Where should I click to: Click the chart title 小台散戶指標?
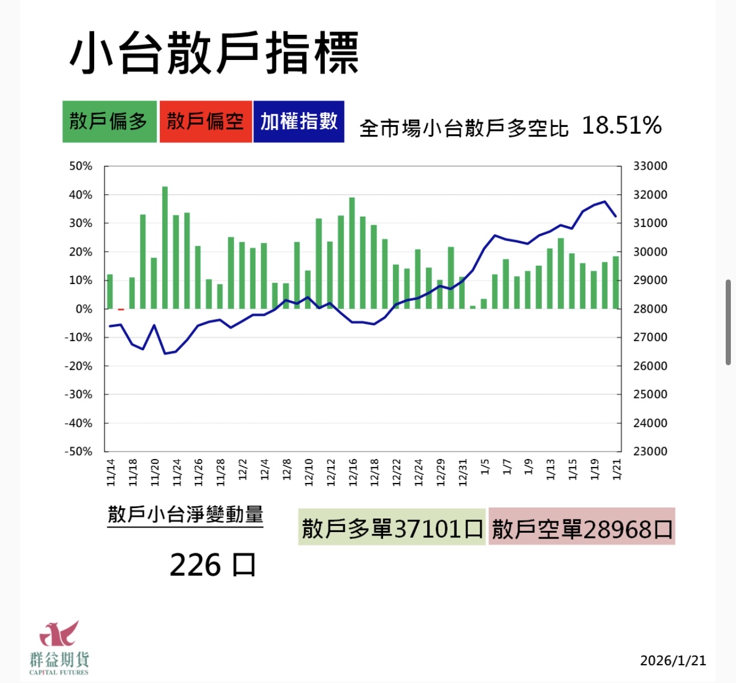click(x=214, y=53)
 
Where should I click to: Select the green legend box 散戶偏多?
click(x=109, y=122)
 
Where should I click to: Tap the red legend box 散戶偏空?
click(x=206, y=122)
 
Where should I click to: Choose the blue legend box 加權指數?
click(x=299, y=122)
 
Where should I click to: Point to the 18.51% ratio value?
click(x=621, y=126)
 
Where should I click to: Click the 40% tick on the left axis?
click(x=81, y=195)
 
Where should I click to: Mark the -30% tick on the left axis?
click(x=78, y=394)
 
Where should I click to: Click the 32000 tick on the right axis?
click(x=650, y=195)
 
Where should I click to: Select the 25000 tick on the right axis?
click(x=650, y=394)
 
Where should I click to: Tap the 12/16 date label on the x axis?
click(x=352, y=472)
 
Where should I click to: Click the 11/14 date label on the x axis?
click(x=111, y=472)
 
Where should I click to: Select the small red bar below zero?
click(x=121, y=310)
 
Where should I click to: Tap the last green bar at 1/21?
click(x=616, y=282)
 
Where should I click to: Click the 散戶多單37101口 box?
click(x=392, y=528)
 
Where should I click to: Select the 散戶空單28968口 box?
click(x=582, y=528)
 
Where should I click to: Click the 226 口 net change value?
click(x=212, y=565)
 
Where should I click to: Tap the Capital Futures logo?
click(x=59, y=647)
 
